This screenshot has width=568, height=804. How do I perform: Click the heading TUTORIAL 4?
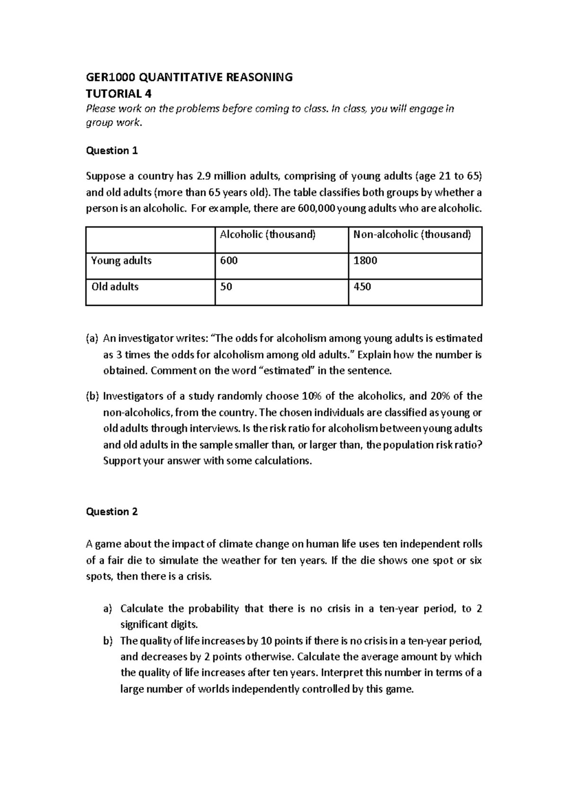pos(118,93)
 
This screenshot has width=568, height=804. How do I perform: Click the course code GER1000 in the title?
pos(105,77)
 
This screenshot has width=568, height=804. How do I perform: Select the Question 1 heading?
pos(111,151)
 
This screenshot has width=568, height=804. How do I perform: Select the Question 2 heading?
pos(111,511)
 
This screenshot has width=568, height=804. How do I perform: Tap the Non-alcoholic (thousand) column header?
pos(409,234)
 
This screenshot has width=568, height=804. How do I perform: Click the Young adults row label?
pos(121,260)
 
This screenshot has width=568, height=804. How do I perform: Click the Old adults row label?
pos(115,286)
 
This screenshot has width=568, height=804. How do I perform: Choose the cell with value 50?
pos(226,286)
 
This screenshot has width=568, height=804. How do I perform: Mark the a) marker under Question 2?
pos(107,608)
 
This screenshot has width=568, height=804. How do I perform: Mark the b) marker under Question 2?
pos(107,641)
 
